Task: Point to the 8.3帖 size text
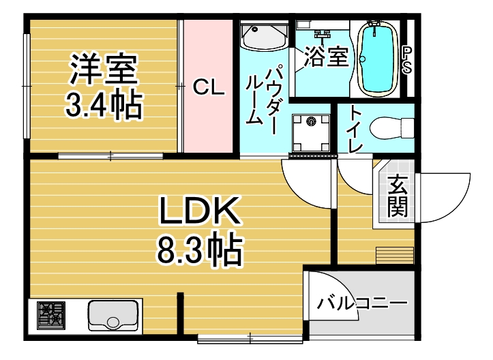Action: [200, 250]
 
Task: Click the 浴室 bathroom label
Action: [326, 57]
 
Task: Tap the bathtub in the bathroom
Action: [378, 59]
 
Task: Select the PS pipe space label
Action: [407, 60]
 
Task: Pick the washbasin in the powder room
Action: [263, 37]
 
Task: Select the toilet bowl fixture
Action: [393, 127]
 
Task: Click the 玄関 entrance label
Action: [396, 196]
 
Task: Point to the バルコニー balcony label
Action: [362, 302]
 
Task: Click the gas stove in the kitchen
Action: [50, 315]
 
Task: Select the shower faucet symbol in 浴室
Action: [321, 34]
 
